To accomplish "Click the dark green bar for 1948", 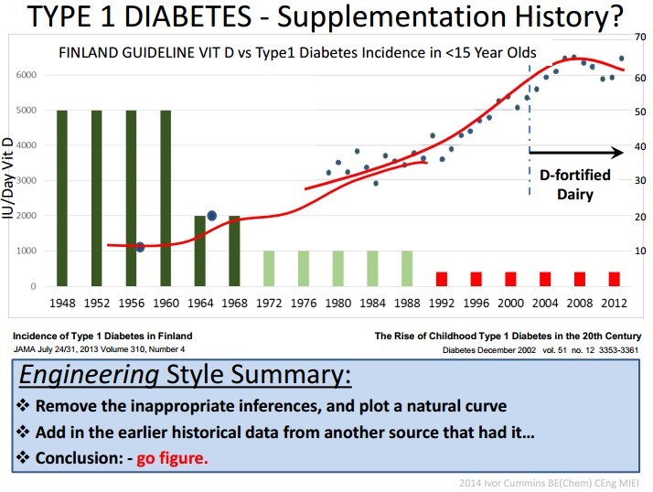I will tap(62, 198).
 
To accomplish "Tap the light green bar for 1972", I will tap(269, 269).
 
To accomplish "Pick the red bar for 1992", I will tap(442, 279).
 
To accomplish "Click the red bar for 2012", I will tap(614, 279).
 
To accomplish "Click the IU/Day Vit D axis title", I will tap(8, 178).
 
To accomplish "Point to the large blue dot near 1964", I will tap(211, 216).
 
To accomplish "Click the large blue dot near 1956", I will tap(140, 247).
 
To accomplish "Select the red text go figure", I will tap(172, 458).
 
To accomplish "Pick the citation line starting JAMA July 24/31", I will tap(99, 348).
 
